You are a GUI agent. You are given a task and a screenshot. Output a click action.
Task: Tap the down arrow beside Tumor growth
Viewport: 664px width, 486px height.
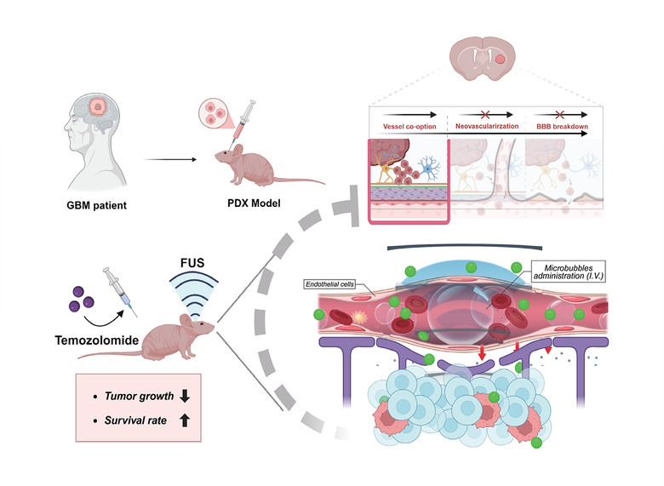pyautogui.click(x=185, y=397)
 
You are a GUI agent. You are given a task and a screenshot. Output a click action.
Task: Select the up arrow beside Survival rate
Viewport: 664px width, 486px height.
pyautogui.click(x=185, y=421)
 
